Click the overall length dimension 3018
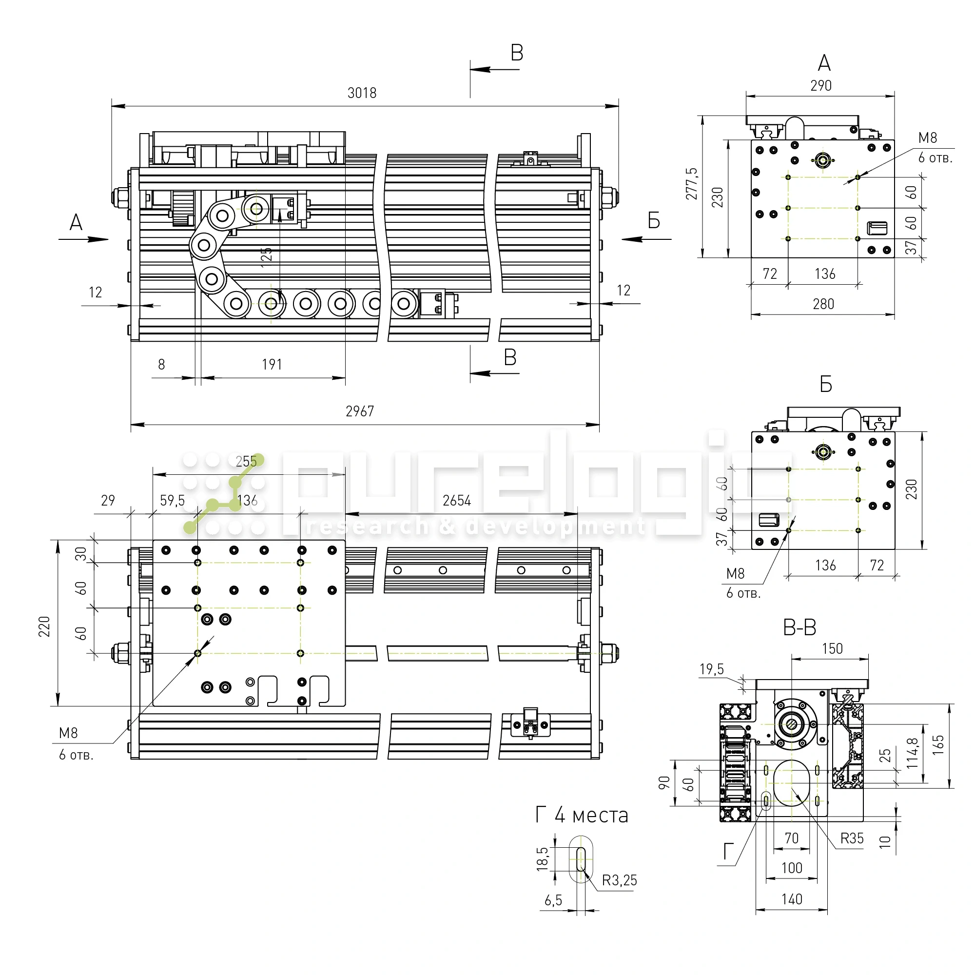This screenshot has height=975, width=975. tap(362, 93)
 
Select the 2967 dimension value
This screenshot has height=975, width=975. tap(360, 411)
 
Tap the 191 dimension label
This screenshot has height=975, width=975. tap(272, 364)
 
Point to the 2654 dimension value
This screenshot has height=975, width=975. tap(456, 501)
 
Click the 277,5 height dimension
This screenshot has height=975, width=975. tap(692, 184)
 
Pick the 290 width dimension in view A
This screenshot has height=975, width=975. tap(820, 86)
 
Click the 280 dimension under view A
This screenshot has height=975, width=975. tap(823, 304)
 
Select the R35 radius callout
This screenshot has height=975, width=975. tap(852, 838)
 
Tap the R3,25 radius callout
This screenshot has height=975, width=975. tap(619, 880)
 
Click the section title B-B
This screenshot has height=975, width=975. tap(799, 628)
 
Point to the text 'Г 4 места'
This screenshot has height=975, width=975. tap(582, 815)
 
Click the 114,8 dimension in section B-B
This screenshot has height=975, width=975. tap(913, 753)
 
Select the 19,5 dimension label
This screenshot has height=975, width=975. tap(712, 669)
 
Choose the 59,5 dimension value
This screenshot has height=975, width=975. tap(172, 501)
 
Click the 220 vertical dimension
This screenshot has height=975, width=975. tap(44, 626)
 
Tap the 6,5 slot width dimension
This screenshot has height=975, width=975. tap(553, 900)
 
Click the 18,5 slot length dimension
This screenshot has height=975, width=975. tap(543, 858)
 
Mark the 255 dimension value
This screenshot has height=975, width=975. tap(246, 461)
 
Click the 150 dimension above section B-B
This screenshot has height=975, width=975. tap(832, 648)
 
